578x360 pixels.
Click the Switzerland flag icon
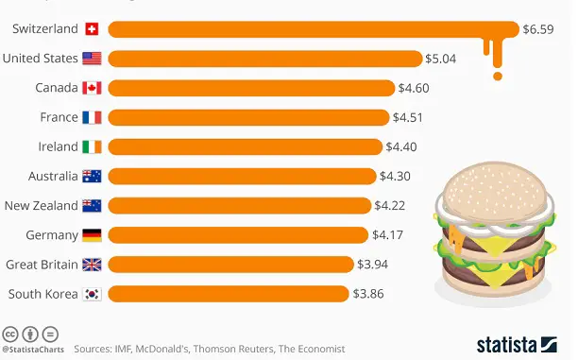click(x=92, y=29)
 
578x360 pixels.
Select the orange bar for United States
click(x=264, y=59)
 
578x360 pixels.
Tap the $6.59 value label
click(x=540, y=29)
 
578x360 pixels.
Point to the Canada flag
click(x=92, y=88)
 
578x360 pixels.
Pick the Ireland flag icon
click(x=92, y=146)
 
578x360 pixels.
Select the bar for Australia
click(x=242, y=176)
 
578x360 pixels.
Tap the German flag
click(x=92, y=234)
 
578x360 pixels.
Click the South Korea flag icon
click(x=92, y=293)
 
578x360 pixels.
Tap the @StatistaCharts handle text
click(x=30, y=350)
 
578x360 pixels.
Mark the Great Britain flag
click(x=92, y=264)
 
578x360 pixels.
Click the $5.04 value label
click(x=441, y=59)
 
